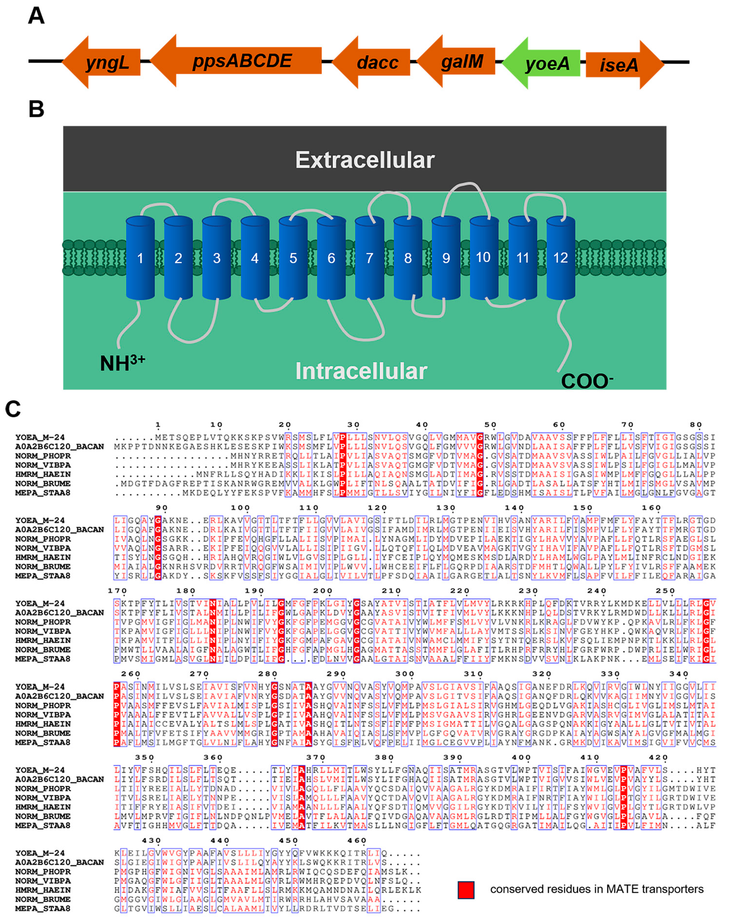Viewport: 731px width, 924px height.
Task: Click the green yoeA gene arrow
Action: (x=542, y=63)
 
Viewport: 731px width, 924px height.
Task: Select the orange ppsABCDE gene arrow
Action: (x=239, y=61)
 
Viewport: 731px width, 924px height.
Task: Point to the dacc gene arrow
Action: (x=374, y=62)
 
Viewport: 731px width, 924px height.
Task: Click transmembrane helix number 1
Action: (x=140, y=258)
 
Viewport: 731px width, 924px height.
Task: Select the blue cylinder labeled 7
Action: (x=369, y=258)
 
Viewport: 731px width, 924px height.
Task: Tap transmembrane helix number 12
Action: (x=560, y=258)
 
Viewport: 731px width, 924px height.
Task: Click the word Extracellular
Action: (x=365, y=160)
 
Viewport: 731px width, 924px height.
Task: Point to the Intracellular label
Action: (x=361, y=371)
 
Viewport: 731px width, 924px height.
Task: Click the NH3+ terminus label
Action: (x=122, y=363)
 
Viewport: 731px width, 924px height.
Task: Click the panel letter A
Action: (x=36, y=16)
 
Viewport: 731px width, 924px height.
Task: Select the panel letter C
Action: (x=13, y=409)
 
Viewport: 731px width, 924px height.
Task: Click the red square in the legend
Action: (x=466, y=890)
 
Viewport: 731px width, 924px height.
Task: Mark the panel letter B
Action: (x=36, y=109)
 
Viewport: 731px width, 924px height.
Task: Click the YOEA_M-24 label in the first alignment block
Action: (x=40, y=437)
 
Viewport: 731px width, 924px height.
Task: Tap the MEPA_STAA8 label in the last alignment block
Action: (x=43, y=908)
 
